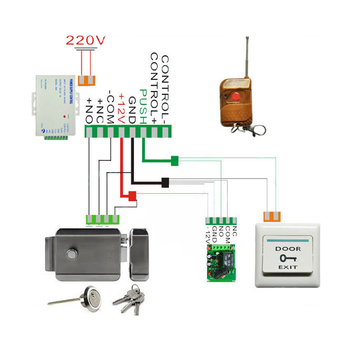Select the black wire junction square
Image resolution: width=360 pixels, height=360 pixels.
point(165,182)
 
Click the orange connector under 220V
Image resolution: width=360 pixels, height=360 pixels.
point(86,80)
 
